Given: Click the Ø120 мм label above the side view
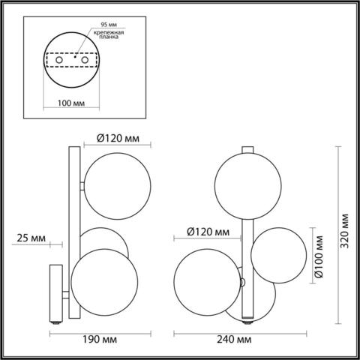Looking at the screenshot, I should pyautogui.click(x=121, y=138).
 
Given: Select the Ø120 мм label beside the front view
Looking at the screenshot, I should pyautogui.click(x=206, y=231).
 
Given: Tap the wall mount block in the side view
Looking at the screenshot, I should pyautogui.click(x=56, y=292).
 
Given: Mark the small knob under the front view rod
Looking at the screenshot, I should pyautogui.click(x=248, y=325).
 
